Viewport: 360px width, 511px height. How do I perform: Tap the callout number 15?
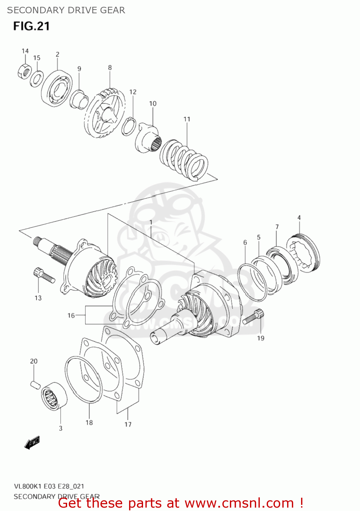(37, 58)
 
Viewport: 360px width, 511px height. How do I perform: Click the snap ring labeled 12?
(129, 126)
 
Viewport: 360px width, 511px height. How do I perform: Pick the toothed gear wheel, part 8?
(105, 113)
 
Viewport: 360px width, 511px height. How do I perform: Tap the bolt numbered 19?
(254, 317)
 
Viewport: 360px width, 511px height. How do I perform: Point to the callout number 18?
(89, 422)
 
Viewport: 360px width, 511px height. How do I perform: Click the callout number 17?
(128, 424)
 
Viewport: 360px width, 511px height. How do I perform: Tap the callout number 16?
(71, 315)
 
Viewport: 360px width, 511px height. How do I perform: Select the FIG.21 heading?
(31, 26)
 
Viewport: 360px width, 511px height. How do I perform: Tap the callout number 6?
(245, 243)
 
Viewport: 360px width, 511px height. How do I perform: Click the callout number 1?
(151, 222)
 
